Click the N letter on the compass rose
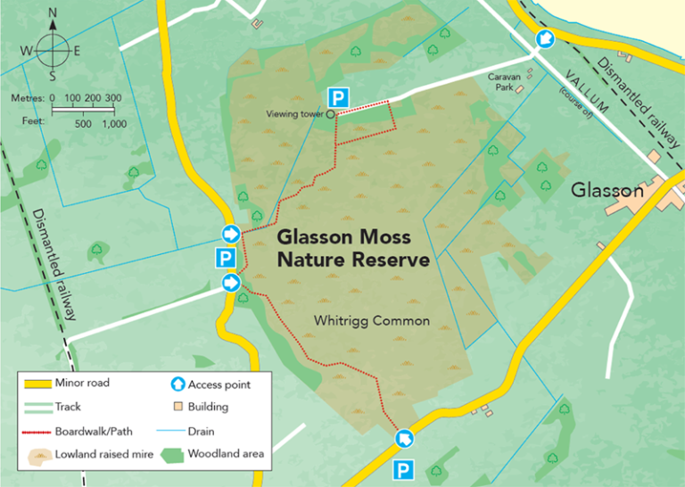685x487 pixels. click(x=53, y=12)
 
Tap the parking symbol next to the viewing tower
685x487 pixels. click(x=337, y=96)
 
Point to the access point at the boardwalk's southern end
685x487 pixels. click(x=404, y=438)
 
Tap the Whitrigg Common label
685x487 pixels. click(x=372, y=320)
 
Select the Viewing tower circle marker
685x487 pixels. click(x=330, y=114)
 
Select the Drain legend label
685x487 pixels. click(x=202, y=430)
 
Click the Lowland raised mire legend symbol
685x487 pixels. click(x=36, y=455)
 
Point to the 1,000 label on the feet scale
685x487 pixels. click(x=113, y=124)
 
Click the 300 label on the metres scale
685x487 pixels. click(x=113, y=97)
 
